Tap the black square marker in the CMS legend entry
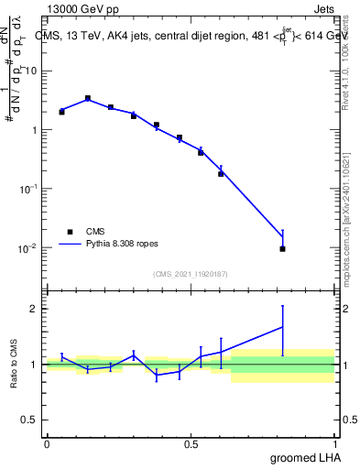[70, 232]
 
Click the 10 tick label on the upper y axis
[31, 71]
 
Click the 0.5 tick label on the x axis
[191, 443]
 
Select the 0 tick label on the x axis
[47, 443]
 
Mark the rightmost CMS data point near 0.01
[283, 248]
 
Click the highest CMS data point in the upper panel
[88, 98]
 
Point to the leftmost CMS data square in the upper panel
[61, 112]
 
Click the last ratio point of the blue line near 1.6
[283, 327]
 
